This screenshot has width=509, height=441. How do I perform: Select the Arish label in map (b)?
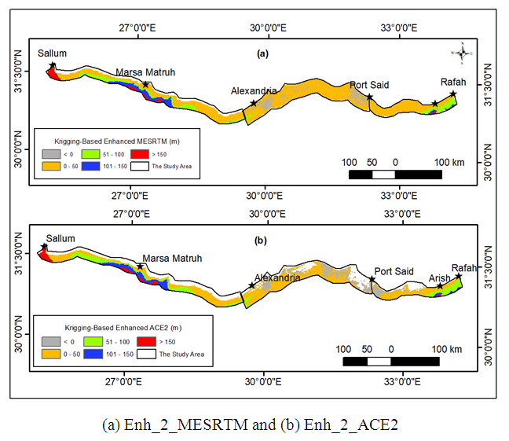[x=440, y=278]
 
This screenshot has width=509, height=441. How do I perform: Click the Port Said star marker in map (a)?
[x=369, y=97]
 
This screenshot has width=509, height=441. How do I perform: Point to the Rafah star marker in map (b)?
[x=459, y=276]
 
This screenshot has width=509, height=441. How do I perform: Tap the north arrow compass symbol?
[x=462, y=53]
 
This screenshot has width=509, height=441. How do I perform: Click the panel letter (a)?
[x=262, y=54]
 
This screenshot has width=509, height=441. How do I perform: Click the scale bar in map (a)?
[x=394, y=173]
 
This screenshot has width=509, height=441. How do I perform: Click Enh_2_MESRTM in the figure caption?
[x=174, y=424]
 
